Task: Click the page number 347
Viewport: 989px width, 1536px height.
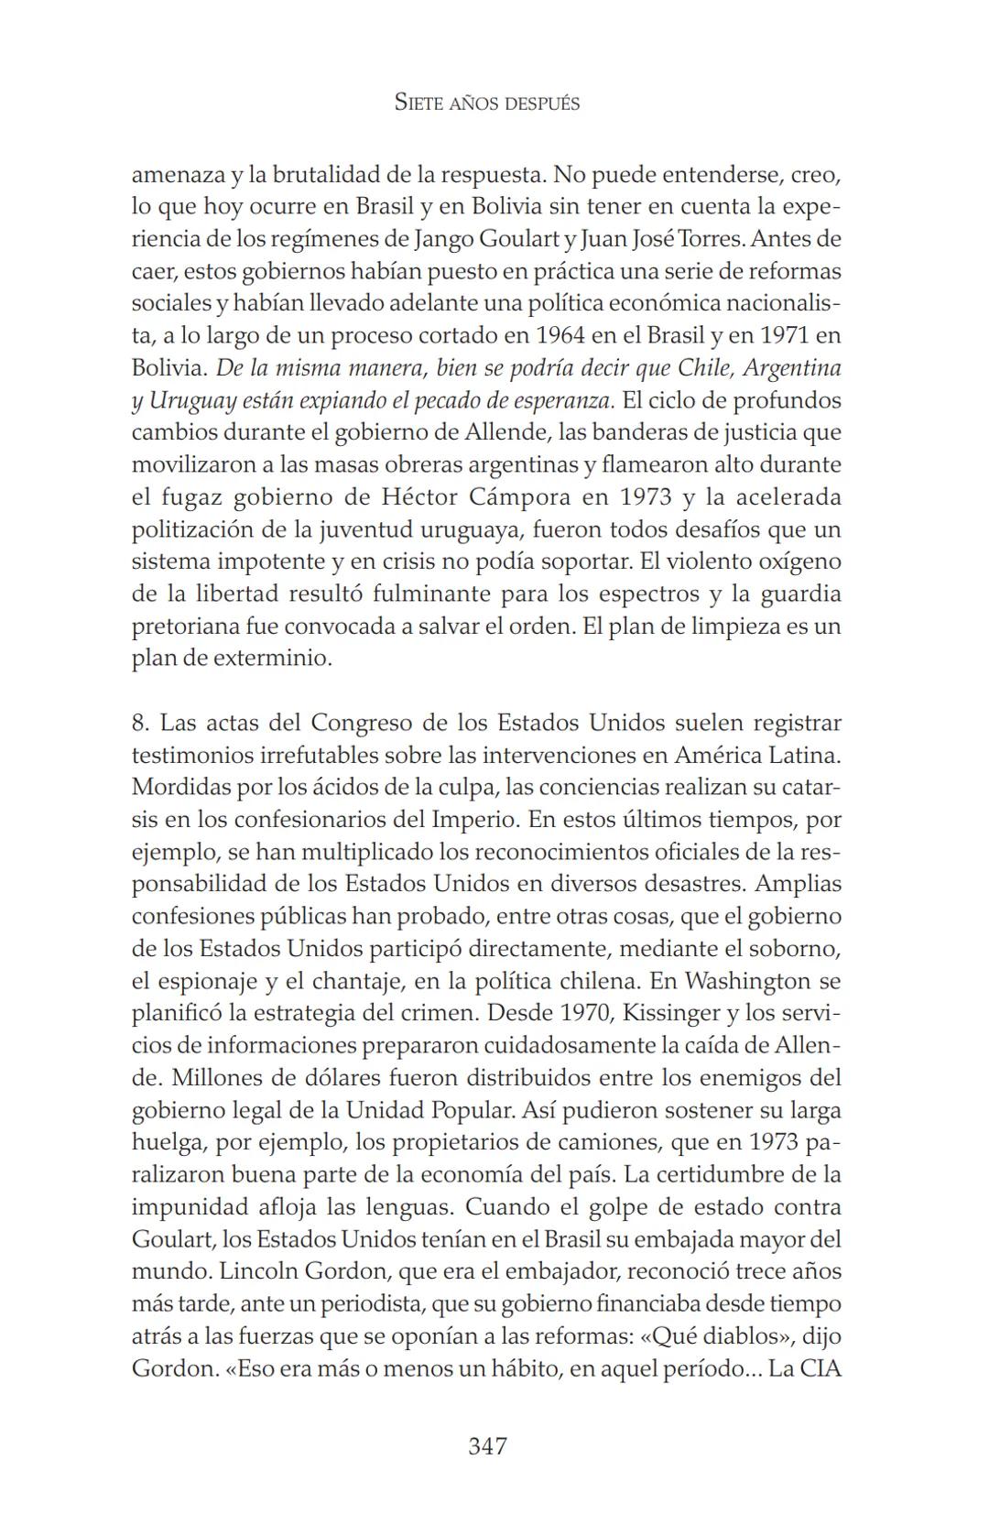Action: tap(487, 1446)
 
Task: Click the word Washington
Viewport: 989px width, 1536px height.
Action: tap(747, 982)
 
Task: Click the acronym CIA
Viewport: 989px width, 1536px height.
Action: tap(821, 1368)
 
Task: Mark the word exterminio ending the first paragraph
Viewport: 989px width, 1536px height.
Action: tap(274, 659)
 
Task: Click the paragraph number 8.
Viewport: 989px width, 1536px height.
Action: tap(139, 724)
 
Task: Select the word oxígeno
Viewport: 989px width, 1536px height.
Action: tap(795, 561)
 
